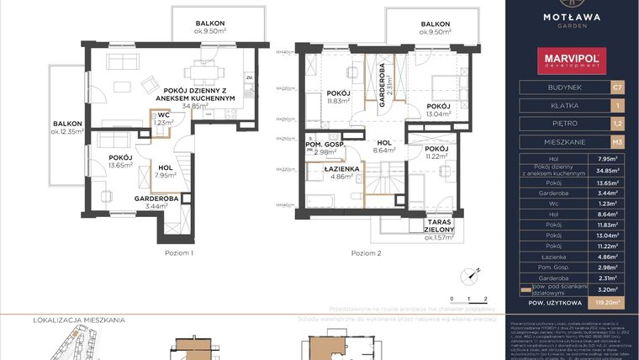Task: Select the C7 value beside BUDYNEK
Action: [617, 87]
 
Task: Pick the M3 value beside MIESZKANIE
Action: [617, 141]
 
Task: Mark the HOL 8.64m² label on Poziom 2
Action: [385, 147]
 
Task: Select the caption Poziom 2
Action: [367, 252]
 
